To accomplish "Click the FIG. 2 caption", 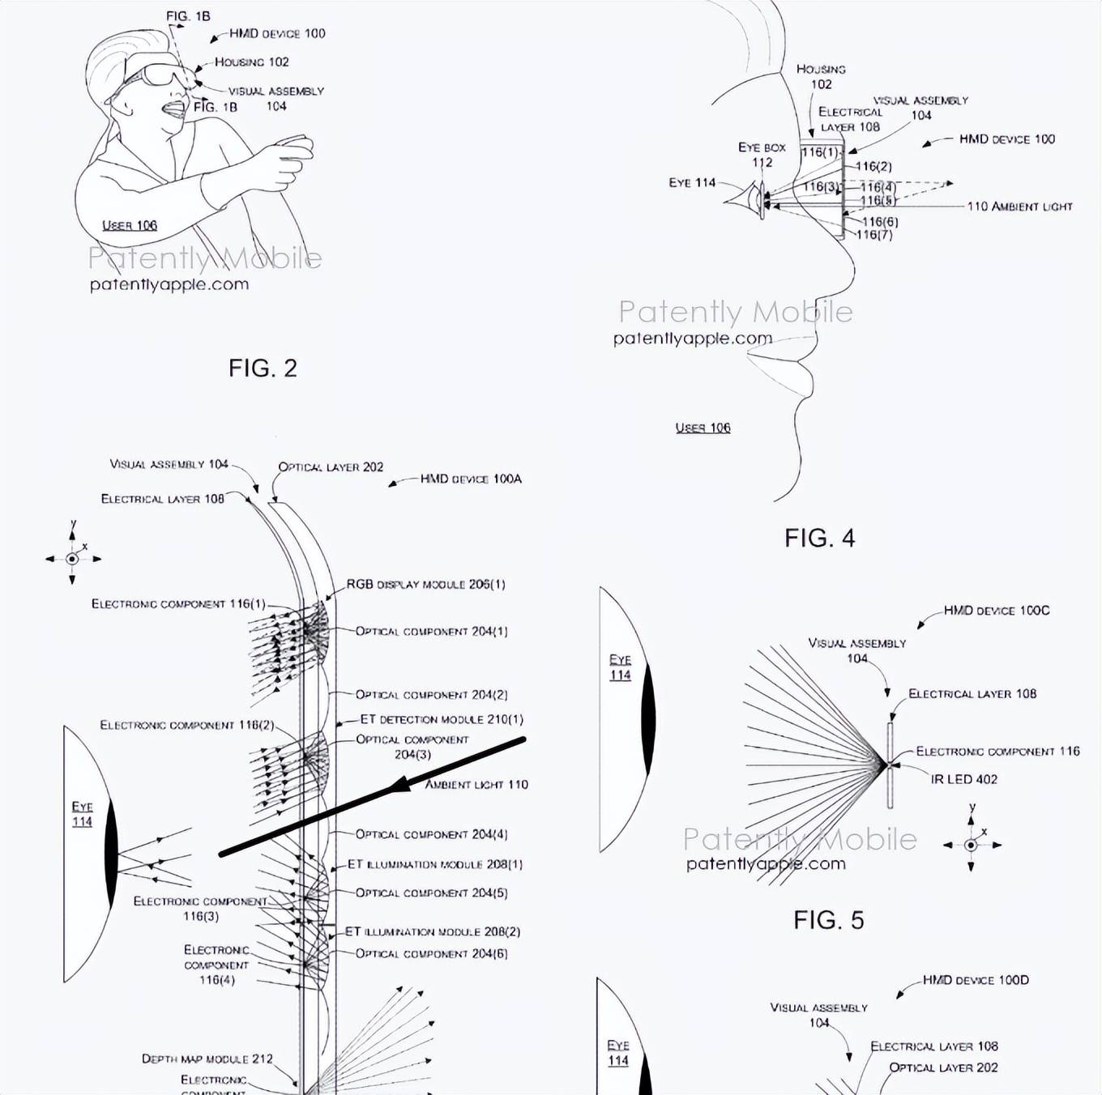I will pyautogui.click(x=263, y=369).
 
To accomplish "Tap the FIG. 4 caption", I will pyautogui.click(x=819, y=538).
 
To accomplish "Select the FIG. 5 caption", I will pyautogui.click(x=828, y=920).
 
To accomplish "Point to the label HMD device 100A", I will pyautogui.click(x=470, y=479).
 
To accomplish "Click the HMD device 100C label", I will pyautogui.click(x=996, y=610).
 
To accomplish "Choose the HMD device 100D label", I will pyautogui.click(x=975, y=980).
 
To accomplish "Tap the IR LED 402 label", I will pyautogui.click(x=963, y=779).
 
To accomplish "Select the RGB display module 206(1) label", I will pyautogui.click(x=425, y=584).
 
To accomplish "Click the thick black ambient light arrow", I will pyautogui.click(x=373, y=796).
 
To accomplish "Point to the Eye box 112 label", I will pyautogui.click(x=762, y=155).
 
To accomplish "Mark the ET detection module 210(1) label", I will pyautogui.click(x=441, y=719).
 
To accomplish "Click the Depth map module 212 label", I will pyautogui.click(x=207, y=1059).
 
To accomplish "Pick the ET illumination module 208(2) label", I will pyautogui.click(x=433, y=931).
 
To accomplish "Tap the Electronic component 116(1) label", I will pyautogui.click(x=178, y=603).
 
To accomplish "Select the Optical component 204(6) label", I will pyautogui.click(x=431, y=953).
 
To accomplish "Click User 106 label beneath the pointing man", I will pyautogui.click(x=130, y=225).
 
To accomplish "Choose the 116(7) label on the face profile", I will pyautogui.click(x=874, y=235).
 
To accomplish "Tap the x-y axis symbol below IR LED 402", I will pyautogui.click(x=971, y=845).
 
